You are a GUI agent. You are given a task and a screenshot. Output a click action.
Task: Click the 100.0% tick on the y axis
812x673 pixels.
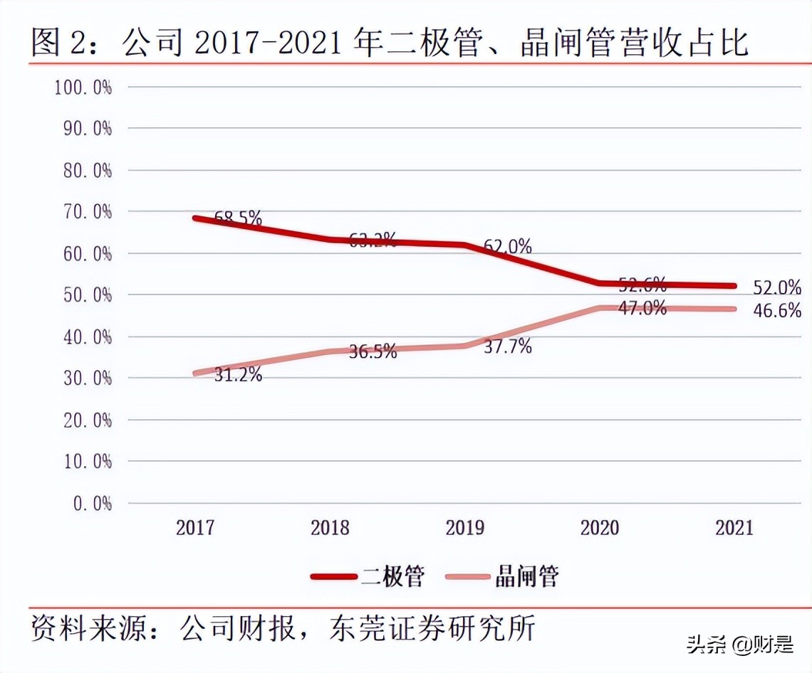(83, 88)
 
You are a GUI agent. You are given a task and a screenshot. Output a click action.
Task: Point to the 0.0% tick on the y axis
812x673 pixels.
(92, 504)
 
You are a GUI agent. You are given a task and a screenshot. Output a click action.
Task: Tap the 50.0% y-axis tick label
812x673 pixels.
(83, 295)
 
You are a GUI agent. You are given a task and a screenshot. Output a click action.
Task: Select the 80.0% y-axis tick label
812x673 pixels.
(83, 171)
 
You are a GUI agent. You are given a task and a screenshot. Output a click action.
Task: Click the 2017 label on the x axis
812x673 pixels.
(195, 528)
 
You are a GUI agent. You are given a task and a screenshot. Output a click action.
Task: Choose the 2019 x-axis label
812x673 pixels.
(464, 528)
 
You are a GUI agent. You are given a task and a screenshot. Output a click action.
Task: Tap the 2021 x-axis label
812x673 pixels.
(734, 528)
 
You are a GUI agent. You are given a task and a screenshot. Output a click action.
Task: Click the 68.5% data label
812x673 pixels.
(238, 218)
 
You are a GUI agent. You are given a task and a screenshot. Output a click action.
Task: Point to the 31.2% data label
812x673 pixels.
(238, 374)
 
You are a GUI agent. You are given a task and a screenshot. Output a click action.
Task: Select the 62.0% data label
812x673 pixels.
(507, 247)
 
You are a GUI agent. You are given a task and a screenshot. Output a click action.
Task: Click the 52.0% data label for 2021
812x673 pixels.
(777, 287)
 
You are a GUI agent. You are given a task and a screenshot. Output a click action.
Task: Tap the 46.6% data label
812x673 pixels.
(777, 311)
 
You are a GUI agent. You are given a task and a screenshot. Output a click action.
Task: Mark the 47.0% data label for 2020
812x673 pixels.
(642, 308)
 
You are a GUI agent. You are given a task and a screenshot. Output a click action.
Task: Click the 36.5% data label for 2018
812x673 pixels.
(373, 351)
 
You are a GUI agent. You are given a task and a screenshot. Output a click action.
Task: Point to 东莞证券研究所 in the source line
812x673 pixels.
(432, 628)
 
